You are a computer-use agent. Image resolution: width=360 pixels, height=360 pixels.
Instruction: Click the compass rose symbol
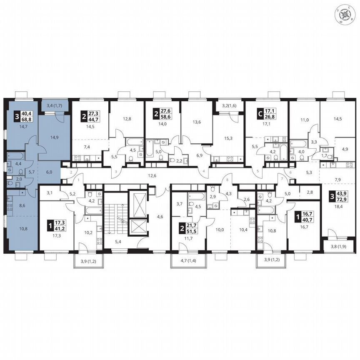click(345, 15)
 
